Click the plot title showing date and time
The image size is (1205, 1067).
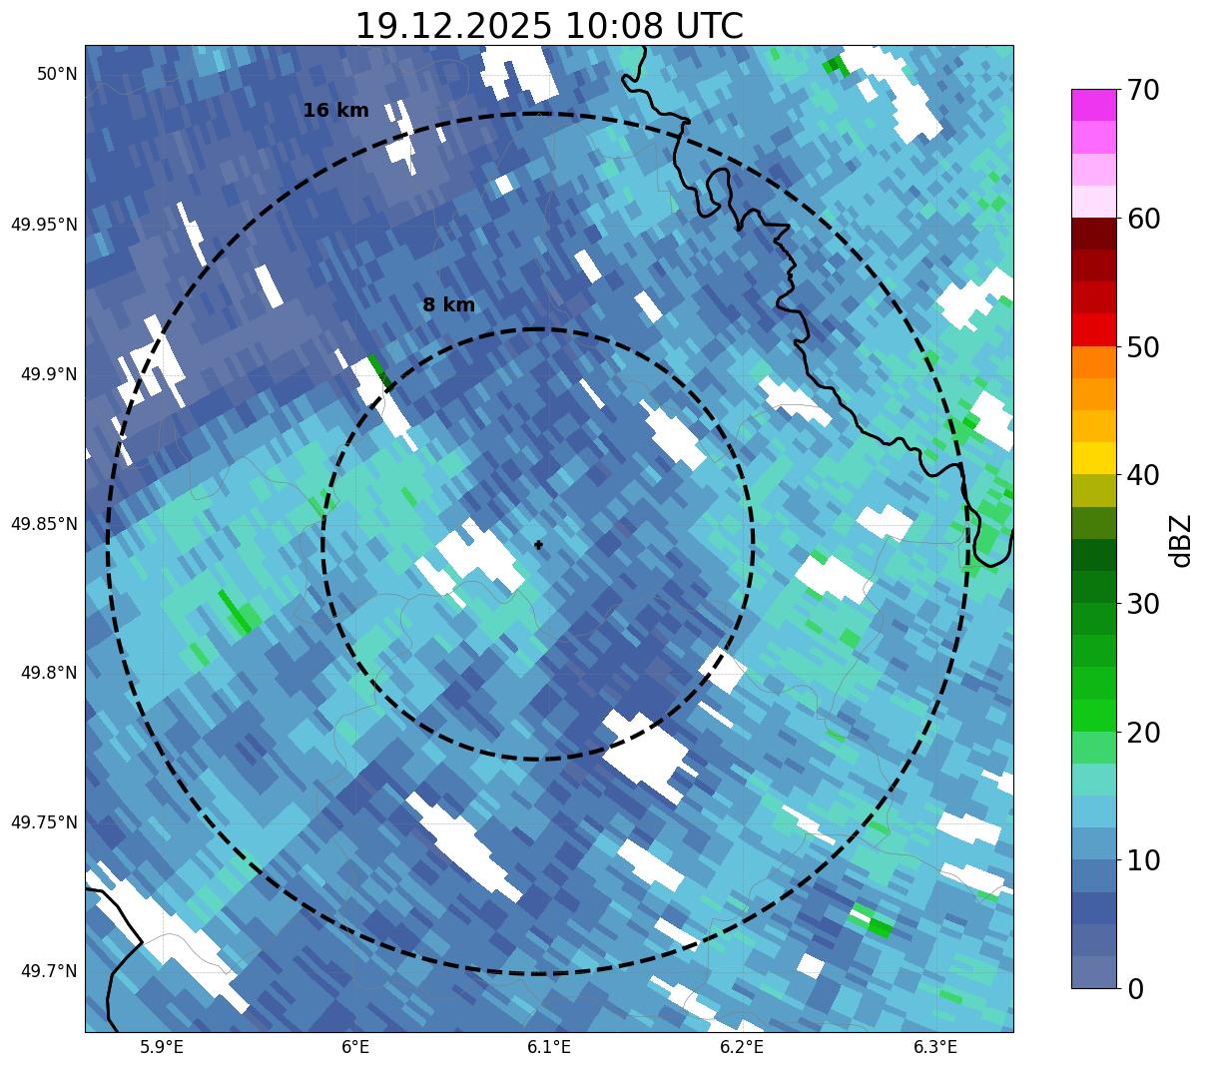(x=549, y=26)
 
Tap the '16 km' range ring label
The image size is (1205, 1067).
(x=335, y=111)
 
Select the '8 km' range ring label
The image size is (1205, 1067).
(x=448, y=305)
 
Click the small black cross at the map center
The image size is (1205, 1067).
(x=539, y=545)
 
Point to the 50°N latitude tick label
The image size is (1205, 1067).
(x=57, y=74)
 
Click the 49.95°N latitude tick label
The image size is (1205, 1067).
(x=44, y=225)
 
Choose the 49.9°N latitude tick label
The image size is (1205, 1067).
(x=49, y=374)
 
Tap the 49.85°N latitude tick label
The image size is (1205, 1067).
(x=44, y=524)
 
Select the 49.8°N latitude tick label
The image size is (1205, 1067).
(x=49, y=673)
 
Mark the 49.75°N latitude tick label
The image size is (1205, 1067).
(x=44, y=822)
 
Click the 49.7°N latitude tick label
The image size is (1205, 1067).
(x=49, y=971)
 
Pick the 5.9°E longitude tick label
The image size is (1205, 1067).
(x=162, y=1047)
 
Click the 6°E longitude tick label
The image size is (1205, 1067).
(x=355, y=1047)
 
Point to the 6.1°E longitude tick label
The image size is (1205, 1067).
(x=549, y=1047)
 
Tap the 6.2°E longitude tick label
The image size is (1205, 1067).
(x=742, y=1047)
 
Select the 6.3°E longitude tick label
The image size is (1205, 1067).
(x=935, y=1047)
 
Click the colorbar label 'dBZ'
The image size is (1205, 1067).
(x=1181, y=541)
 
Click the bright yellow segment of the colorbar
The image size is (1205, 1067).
(x=1093, y=458)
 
